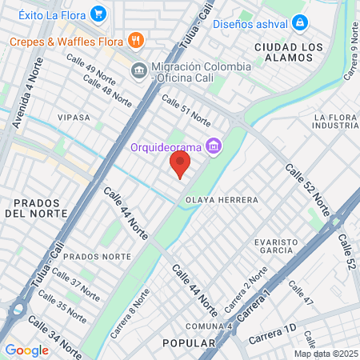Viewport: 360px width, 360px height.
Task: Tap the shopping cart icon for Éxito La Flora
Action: coord(98,13)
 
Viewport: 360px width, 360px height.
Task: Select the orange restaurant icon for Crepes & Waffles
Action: coord(136,40)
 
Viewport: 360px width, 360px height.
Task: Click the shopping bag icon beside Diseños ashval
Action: coord(298,23)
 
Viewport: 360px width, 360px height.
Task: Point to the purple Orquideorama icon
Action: coord(213,146)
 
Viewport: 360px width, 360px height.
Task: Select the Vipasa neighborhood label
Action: coord(74,117)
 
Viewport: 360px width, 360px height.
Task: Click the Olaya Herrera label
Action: coord(221,199)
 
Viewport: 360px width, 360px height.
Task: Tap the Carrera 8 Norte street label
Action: coord(128,312)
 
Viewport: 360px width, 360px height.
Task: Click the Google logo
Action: coord(26,350)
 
